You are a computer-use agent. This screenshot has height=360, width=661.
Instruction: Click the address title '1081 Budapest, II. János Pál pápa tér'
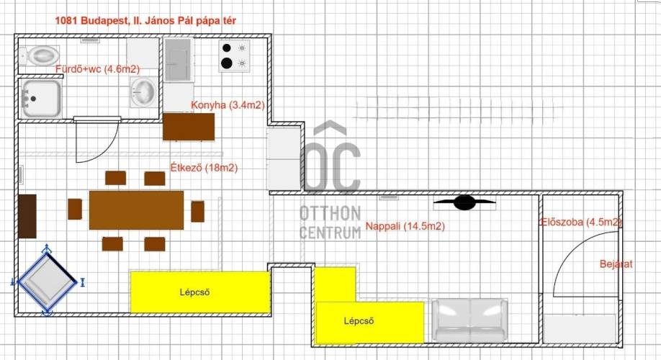point(145,20)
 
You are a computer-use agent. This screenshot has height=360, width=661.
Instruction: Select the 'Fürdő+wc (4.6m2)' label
point(97,69)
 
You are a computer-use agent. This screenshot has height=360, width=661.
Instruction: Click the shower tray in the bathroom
point(41,99)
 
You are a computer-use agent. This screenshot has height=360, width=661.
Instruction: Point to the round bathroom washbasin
point(143,91)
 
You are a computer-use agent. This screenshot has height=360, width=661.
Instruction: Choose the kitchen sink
point(179,60)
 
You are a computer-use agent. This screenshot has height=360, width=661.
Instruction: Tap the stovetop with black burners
point(235,55)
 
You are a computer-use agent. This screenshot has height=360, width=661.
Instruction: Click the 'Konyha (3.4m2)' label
point(228,105)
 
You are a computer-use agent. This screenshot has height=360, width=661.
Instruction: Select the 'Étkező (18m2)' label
point(204,168)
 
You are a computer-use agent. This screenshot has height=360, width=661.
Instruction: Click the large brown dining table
point(136,210)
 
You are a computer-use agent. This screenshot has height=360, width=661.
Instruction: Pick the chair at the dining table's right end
point(198,211)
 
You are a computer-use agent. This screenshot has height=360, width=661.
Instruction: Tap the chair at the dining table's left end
point(75,209)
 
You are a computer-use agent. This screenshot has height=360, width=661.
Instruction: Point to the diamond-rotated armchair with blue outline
point(48,279)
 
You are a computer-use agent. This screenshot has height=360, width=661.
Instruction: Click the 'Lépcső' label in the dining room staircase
point(194,292)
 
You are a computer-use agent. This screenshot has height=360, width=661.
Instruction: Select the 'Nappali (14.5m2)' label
point(405,226)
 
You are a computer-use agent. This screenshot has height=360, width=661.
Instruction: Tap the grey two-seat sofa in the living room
point(470,320)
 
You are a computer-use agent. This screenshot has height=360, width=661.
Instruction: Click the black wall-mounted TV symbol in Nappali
point(464,203)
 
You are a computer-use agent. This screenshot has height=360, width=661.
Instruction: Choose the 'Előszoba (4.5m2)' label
point(582,222)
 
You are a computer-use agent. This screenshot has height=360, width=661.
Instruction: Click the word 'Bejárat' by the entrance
point(616,264)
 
